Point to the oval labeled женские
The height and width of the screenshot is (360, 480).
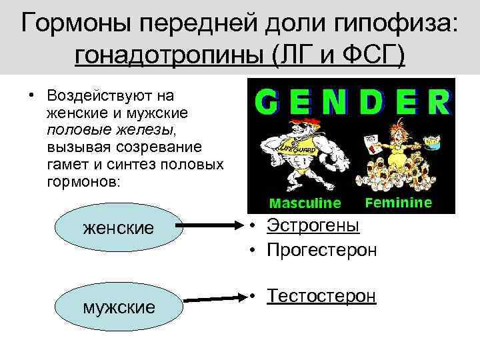tap(118, 227)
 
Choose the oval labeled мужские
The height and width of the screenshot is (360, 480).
tap(118, 307)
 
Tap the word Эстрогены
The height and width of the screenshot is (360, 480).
tap(313, 225)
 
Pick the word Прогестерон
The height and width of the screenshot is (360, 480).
tap(321, 250)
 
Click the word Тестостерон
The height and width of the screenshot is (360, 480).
tap(321, 296)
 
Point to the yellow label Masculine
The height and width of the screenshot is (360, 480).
tap(304, 203)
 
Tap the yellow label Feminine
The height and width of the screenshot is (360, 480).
tap(399, 202)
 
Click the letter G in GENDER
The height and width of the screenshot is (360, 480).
tap(269, 103)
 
